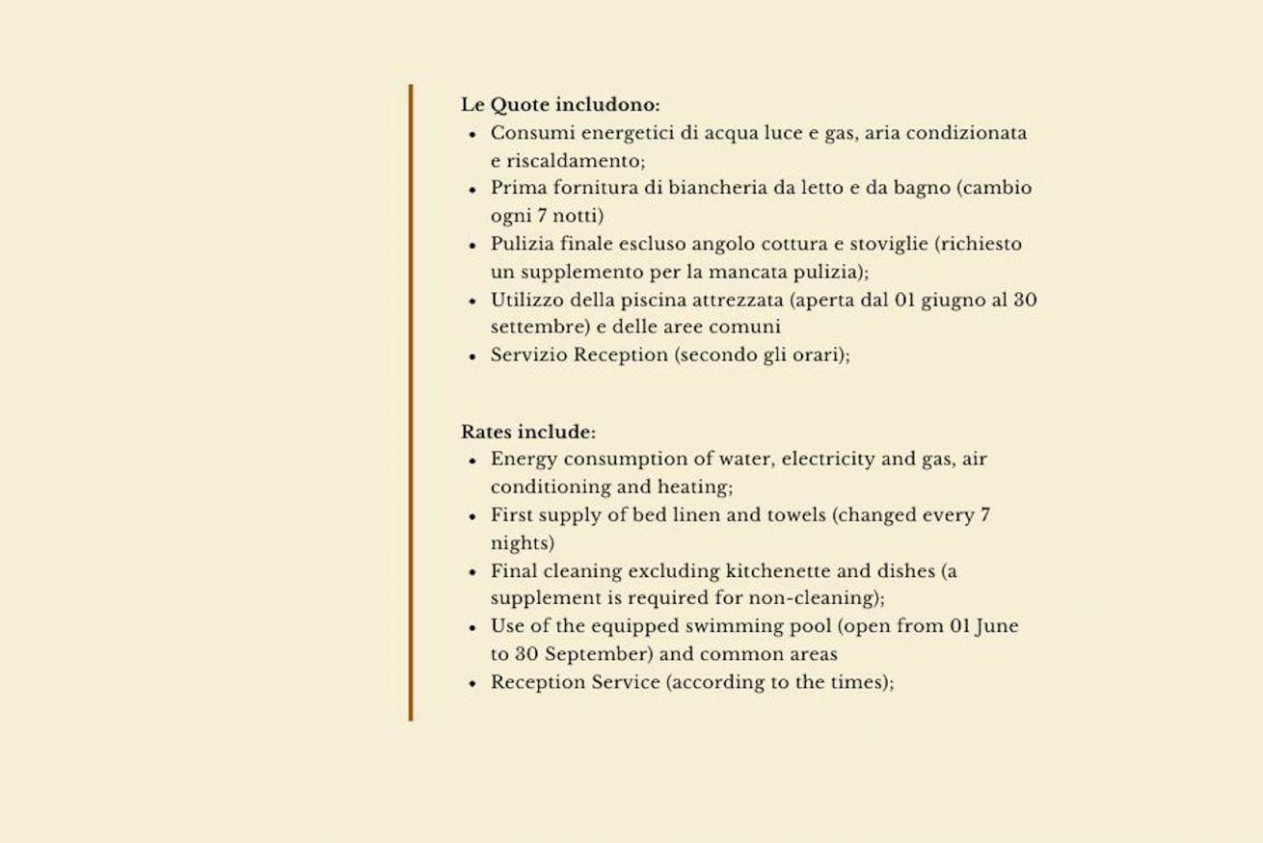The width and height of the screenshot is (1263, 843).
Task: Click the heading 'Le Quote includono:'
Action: [x=560, y=104]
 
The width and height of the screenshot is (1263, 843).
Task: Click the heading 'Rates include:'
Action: [x=528, y=432]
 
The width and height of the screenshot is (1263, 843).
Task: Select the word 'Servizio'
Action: [x=528, y=355]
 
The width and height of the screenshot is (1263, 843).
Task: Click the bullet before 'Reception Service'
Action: [x=472, y=683]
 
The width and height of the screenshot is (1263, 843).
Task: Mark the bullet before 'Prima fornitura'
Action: [x=472, y=189]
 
